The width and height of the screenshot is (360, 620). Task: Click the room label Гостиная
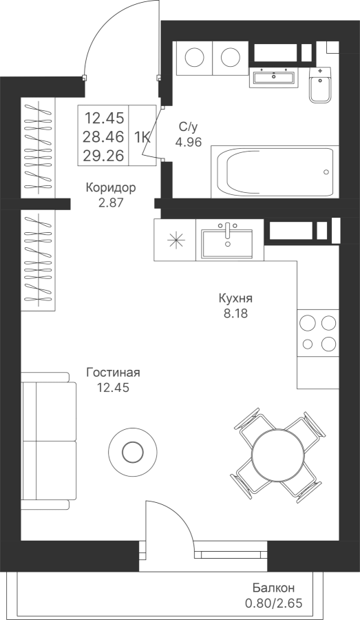[x=114, y=373]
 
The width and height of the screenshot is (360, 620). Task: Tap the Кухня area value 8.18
[x=235, y=313]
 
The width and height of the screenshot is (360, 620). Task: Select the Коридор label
[x=111, y=188]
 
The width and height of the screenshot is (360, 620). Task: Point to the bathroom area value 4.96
[x=189, y=141]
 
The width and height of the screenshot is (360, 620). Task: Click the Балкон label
[x=273, y=588]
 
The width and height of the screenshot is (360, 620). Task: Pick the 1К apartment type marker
[x=142, y=137]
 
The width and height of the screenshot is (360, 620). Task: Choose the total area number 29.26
[x=103, y=156]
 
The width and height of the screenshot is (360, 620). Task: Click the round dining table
[x=279, y=454]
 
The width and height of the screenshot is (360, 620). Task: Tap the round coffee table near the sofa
[x=133, y=451]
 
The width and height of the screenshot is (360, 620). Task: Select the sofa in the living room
[x=49, y=441]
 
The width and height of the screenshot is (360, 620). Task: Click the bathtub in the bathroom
[x=275, y=172]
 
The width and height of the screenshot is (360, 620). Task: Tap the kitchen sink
[x=227, y=242]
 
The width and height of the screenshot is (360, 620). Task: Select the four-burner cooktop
[x=318, y=333]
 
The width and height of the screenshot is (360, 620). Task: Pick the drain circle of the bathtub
[x=326, y=172]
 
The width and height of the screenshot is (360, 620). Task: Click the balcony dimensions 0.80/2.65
[x=274, y=603]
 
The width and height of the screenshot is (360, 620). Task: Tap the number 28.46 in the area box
[x=103, y=137]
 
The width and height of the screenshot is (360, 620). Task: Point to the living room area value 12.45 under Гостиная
[x=114, y=388]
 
